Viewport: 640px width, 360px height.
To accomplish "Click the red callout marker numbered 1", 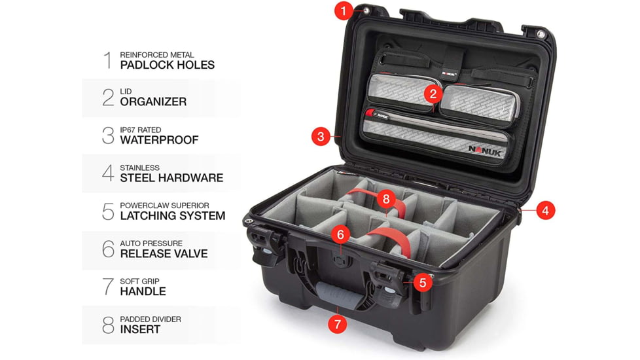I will pos(344,11).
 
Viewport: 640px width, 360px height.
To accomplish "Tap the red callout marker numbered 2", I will pos(432,94).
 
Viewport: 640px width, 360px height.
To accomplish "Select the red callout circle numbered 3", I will pos(320,137).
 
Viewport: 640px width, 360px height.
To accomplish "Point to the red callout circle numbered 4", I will pos(546,211).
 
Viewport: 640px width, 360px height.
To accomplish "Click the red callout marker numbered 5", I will pos(423,283).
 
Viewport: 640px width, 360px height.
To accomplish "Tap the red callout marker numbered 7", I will pos(338,323).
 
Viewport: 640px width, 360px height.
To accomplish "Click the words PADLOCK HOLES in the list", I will pos(167,65).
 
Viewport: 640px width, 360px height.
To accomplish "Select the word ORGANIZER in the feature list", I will pos(153,102).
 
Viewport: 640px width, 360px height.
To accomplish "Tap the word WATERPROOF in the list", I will pos(159,140).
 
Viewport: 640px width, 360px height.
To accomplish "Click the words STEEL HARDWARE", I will pos(171,178).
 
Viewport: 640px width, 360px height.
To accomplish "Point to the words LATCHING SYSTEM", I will pos(172,216).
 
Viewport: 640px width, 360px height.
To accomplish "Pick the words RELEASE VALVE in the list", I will pos(164,254).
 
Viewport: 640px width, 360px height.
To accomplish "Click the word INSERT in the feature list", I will pos(141,330).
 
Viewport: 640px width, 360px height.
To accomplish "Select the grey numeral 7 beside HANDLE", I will pos(108,287).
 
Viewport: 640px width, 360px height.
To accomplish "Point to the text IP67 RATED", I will pos(140,130).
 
